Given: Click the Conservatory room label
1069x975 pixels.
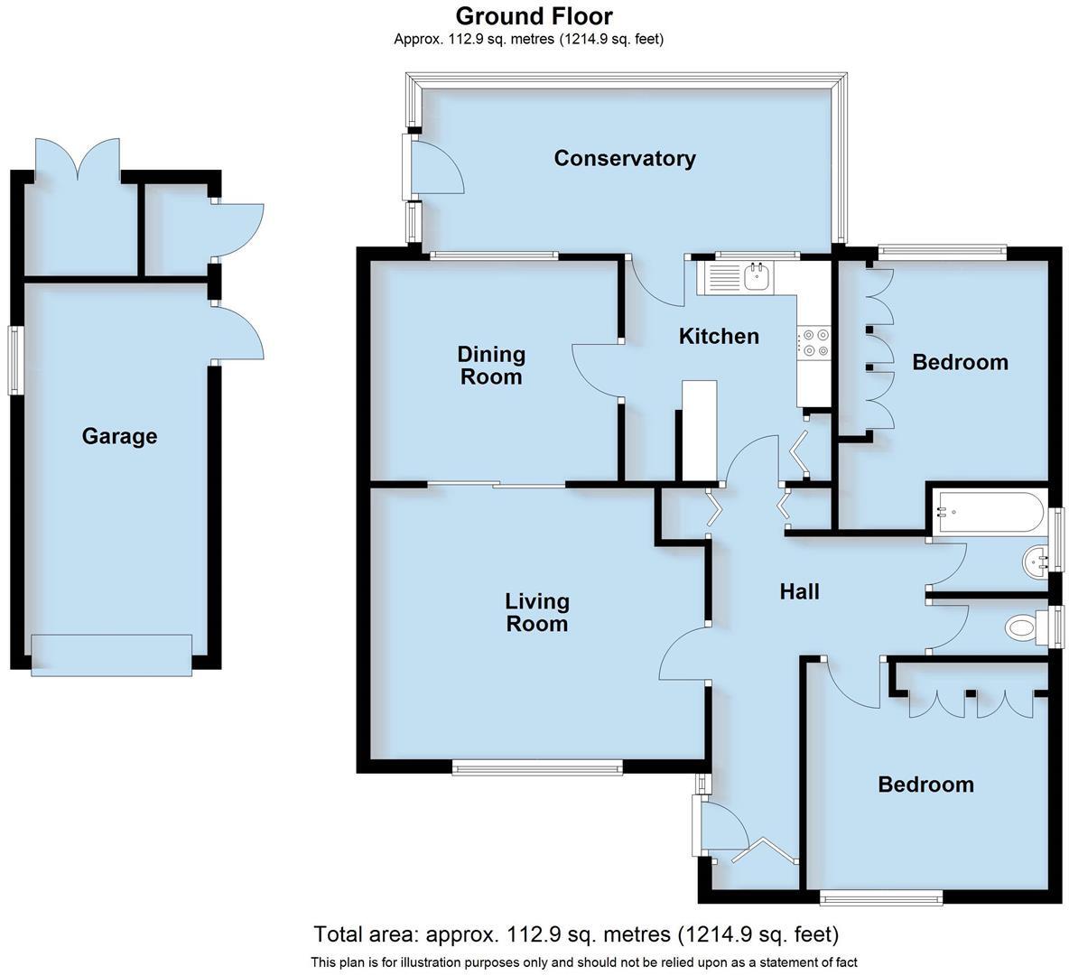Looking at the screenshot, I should click(624, 159).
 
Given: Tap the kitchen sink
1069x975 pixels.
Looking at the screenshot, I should click(755, 277).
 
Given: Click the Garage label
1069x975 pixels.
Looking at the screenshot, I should click(119, 437).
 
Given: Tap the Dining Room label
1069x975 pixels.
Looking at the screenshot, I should click(491, 366).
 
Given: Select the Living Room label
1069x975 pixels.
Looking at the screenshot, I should click(536, 612).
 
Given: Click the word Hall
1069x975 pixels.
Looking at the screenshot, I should click(799, 592).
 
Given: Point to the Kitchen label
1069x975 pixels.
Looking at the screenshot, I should click(719, 337).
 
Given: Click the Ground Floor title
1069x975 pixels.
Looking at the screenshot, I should click(534, 16).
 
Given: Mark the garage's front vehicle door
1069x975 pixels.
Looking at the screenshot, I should click(111, 655).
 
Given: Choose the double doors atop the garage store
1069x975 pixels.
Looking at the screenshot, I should click(78, 161).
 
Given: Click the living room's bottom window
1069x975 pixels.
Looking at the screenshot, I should click(537, 768).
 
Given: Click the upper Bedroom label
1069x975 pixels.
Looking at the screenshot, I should click(960, 363).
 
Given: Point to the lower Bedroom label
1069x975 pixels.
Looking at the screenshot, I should click(925, 785).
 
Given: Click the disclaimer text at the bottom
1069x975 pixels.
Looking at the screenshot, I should click(583, 962).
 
